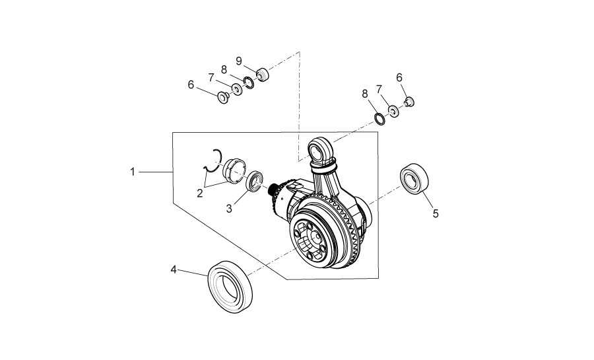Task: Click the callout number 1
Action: [133, 172]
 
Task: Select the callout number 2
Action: [199, 194]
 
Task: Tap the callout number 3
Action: [229, 209]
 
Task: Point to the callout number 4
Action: [174, 270]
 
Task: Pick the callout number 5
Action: [436, 214]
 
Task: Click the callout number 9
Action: [239, 61]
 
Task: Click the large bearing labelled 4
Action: [230, 287]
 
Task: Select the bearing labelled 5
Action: [414, 179]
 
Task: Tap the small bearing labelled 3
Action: [255, 181]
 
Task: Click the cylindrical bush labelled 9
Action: [262, 74]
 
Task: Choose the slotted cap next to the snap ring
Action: [234, 171]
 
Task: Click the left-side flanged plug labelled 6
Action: [224, 97]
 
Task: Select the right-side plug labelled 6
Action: [409, 101]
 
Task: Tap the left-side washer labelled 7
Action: [237, 90]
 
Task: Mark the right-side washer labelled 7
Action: [393, 111]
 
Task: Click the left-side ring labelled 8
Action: [249, 82]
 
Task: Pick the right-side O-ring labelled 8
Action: [379, 119]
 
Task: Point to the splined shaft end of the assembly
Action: [273, 190]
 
